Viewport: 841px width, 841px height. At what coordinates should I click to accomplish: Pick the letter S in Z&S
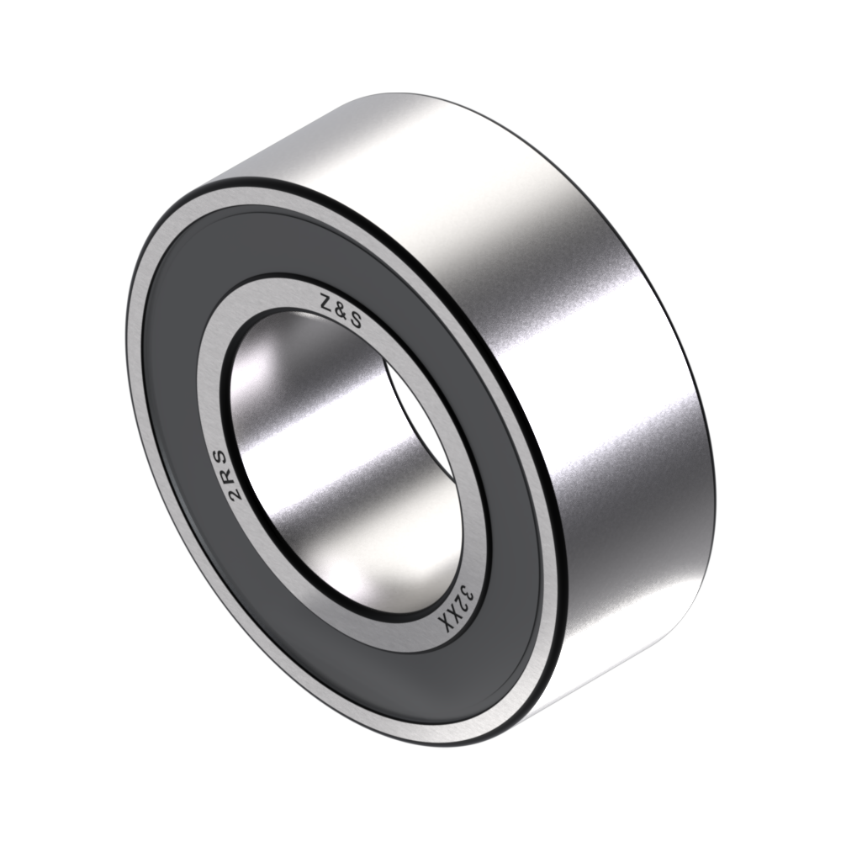click(356, 320)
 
